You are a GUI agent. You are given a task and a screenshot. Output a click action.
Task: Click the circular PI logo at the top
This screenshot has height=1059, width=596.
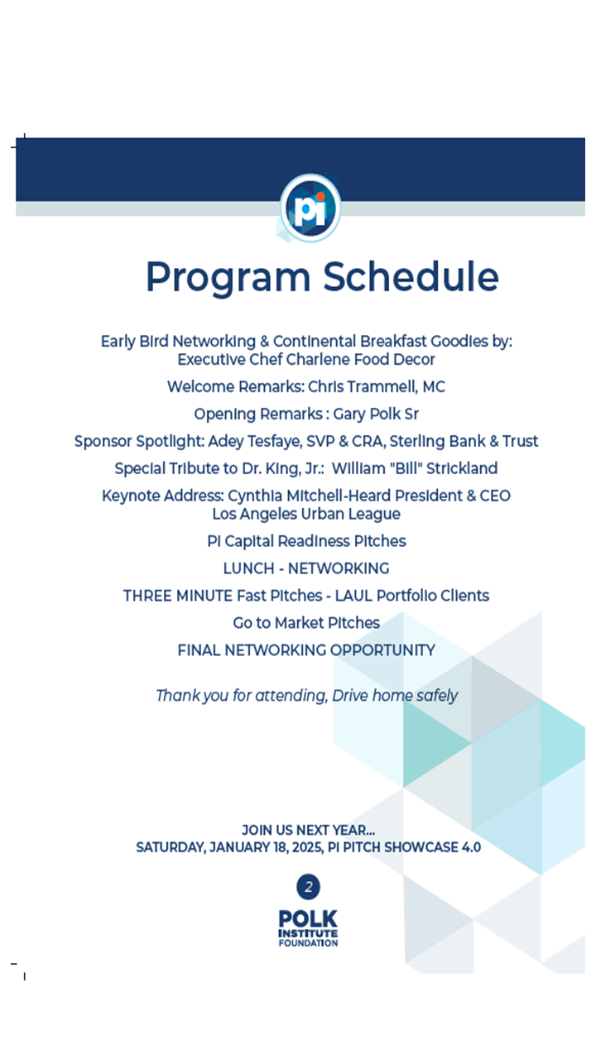310,208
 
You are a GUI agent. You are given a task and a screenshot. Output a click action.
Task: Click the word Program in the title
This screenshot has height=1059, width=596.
229,276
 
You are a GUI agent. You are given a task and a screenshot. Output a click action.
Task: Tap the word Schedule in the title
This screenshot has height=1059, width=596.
411,276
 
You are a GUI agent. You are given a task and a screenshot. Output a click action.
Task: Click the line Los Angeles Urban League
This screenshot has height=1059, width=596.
306,514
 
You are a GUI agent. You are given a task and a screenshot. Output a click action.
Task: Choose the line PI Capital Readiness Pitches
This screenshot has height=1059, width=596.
306,541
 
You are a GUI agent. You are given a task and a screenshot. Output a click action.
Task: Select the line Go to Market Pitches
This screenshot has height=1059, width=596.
306,623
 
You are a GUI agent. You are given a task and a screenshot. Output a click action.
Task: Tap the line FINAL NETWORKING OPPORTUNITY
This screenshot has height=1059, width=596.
306,650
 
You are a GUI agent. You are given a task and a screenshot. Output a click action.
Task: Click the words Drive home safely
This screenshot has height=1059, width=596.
395,696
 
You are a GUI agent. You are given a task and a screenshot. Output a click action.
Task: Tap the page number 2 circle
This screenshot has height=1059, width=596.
308,888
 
